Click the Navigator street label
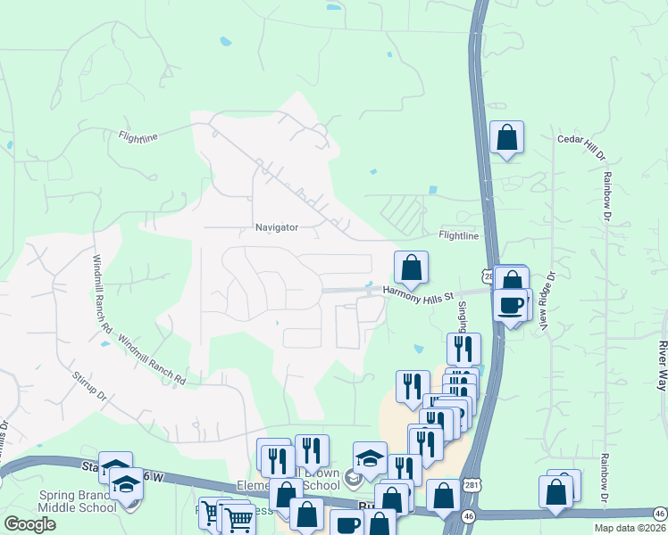coord(276,227)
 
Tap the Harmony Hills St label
coord(420,292)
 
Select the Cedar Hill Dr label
coord(581,140)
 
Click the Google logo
coord(29,524)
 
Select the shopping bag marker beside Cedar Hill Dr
coord(506,138)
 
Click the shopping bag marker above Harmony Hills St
coord(411,267)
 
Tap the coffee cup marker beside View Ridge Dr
coord(512,305)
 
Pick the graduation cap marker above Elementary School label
coord(370,459)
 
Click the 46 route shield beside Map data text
coord(659,514)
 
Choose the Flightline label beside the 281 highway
coord(458,235)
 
